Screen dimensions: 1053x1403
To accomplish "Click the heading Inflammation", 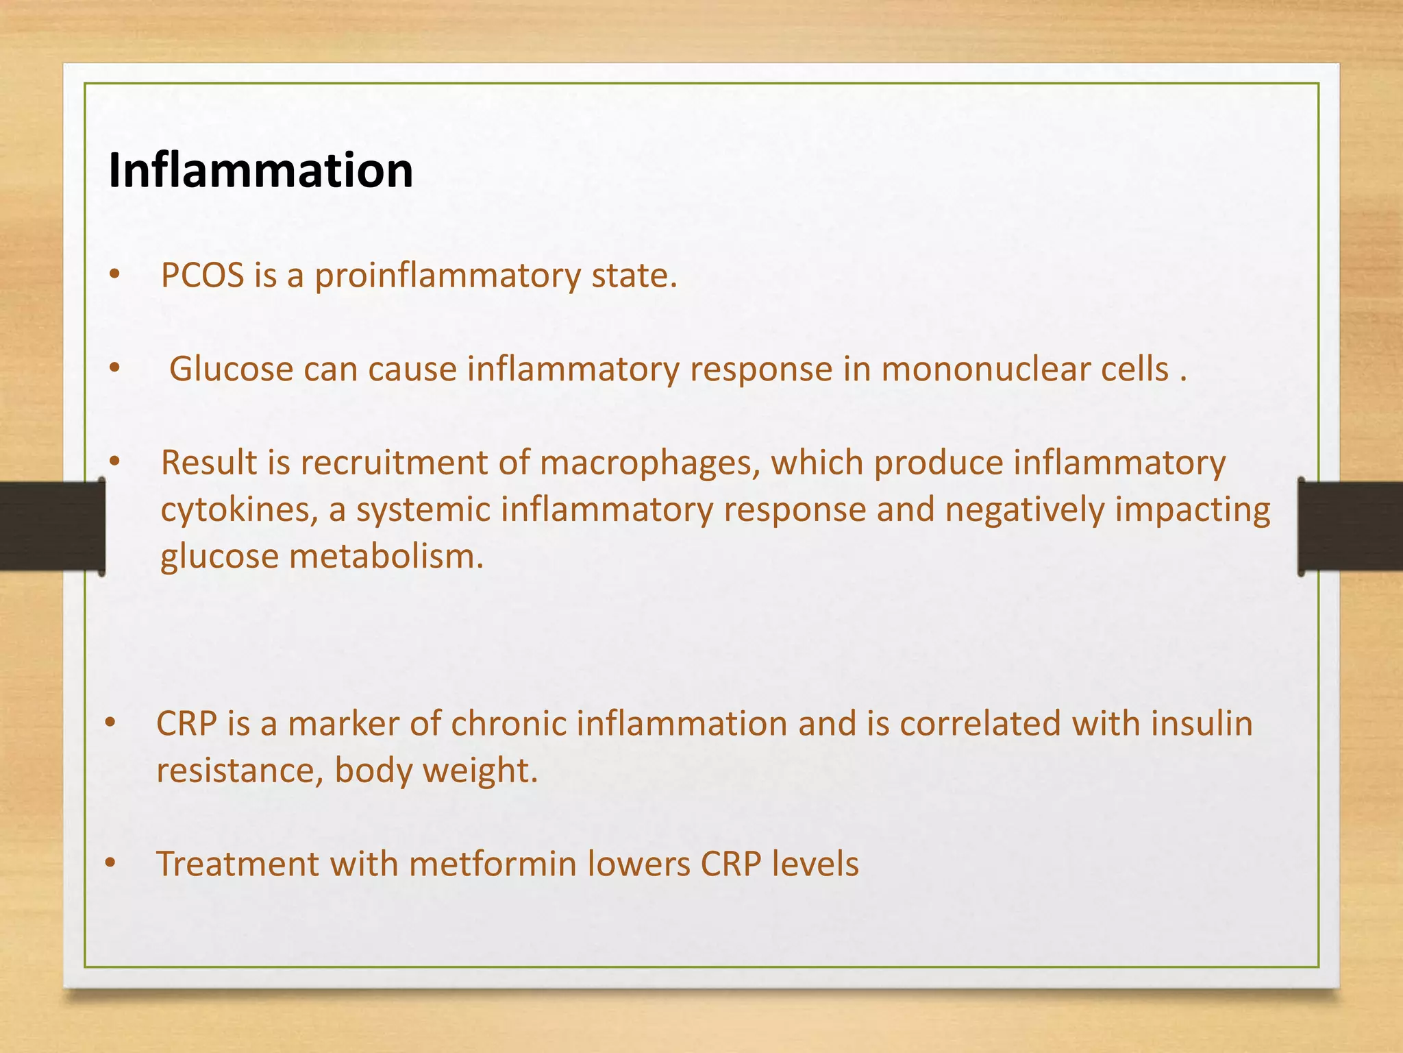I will (260, 171).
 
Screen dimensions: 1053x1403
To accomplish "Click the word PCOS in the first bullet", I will (202, 276).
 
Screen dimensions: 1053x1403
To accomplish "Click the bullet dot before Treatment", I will (111, 863).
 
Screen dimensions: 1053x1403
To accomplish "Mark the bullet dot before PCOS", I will (114, 275).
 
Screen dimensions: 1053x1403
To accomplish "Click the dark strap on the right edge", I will (1350, 526).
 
